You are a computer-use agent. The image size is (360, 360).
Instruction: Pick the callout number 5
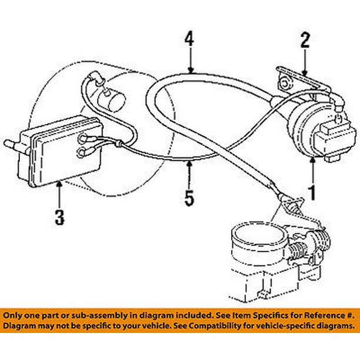click(189, 196)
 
